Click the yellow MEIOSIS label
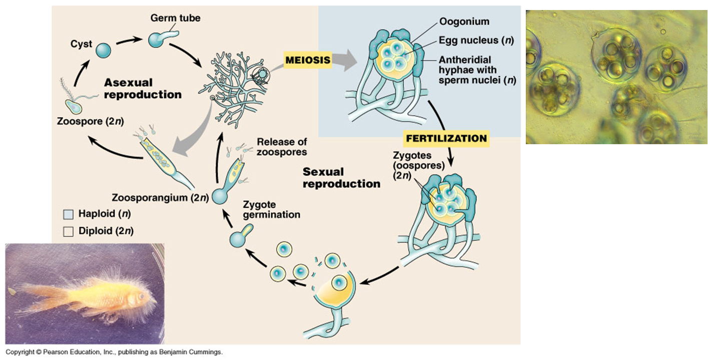point(308,60)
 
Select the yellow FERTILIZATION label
point(446,138)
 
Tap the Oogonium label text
point(464,22)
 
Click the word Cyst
point(81,44)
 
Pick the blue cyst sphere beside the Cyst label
point(103,51)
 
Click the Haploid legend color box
point(69,215)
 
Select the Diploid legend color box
point(69,231)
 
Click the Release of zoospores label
point(282,147)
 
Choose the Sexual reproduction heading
point(341,178)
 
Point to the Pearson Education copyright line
point(114,352)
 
